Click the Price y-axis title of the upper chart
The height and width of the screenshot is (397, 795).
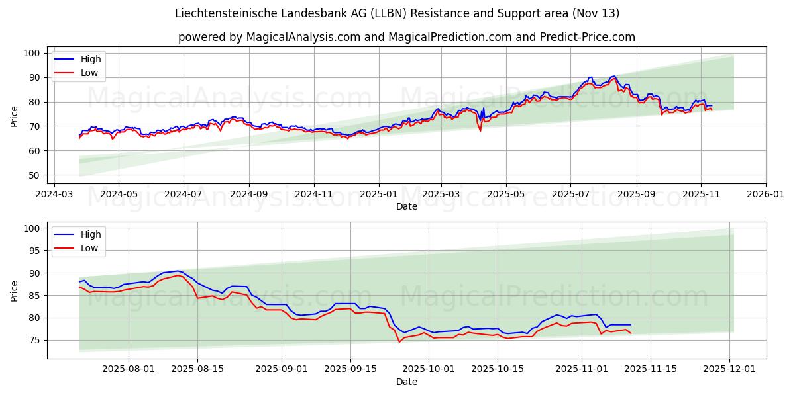tap(15, 116)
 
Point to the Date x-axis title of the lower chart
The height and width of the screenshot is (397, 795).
tap(407, 382)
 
